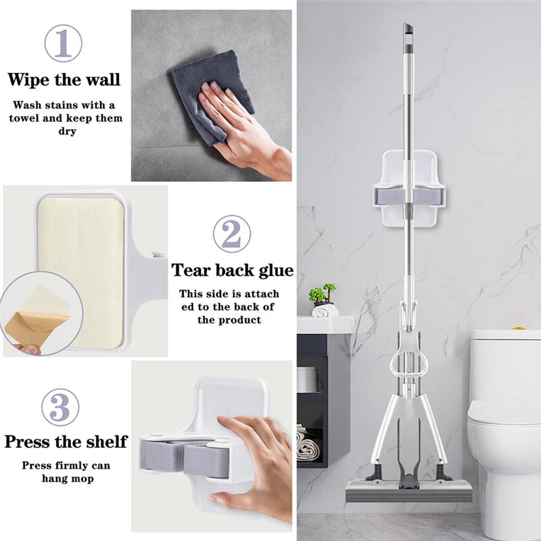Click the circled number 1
coord(63,43)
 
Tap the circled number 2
coord(232,234)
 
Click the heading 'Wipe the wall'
coord(64,79)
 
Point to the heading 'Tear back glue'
coord(232,270)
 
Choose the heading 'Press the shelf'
coord(66,442)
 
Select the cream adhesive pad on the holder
coord(81,270)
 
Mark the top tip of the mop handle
coord(408,29)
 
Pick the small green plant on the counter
coord(323,294)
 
